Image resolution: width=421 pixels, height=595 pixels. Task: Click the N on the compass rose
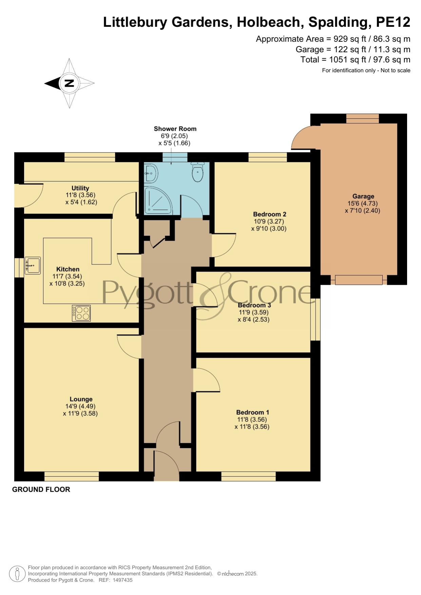[x=69, y=83]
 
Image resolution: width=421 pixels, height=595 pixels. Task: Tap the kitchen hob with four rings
[x=81, y=313]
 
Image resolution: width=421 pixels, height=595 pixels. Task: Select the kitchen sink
[x=33, y=265]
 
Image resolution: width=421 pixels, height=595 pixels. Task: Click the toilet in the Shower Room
[x=197, y=172]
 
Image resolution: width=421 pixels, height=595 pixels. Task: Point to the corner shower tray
[x=158, y=200]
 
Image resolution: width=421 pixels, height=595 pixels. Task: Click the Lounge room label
[x=81, y=399]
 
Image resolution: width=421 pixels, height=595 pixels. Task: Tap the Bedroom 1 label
[x=253, y=413]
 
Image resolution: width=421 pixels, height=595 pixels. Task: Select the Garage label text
[x=363, y=196]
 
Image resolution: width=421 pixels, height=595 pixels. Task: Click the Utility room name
[x=80, y=188]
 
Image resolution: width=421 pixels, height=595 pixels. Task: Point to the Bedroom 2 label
[x=270, y=214]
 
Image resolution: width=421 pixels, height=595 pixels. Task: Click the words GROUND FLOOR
[x=41, y=490]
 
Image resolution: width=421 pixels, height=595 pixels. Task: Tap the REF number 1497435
[x=122, y=580]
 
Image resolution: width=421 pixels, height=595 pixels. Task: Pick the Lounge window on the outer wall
[x=72, y=476]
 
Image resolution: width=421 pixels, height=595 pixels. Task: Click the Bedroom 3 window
[x=315, y=319]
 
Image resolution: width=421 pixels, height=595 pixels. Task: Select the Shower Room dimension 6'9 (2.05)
[x=174, y=136]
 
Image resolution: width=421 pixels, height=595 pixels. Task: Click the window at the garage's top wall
[x=362, y=118]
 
